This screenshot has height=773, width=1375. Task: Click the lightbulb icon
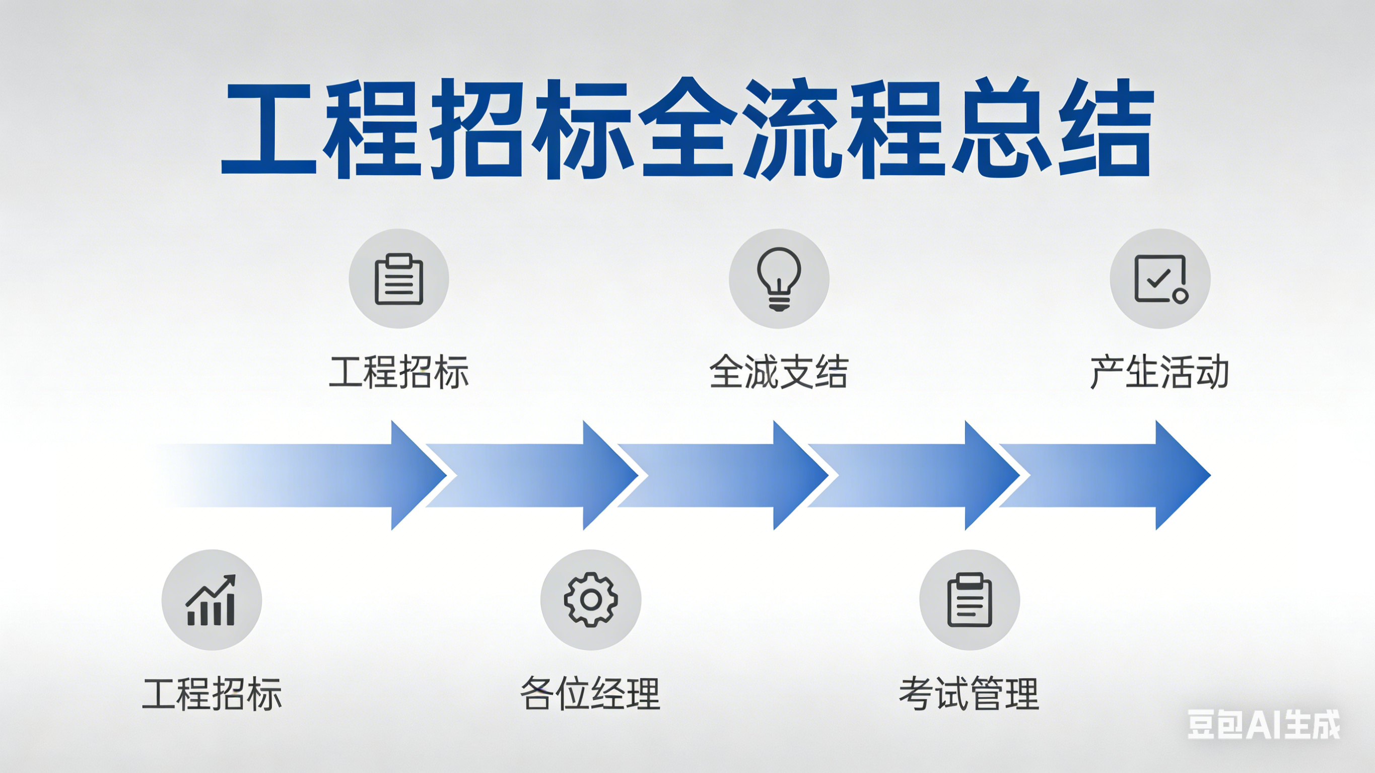(x=779, y=278)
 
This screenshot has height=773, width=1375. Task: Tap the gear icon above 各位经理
(x=591, y=599)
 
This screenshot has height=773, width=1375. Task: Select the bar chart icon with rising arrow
(x=212, y=599)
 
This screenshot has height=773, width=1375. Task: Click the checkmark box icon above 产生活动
(x=1160, y=278)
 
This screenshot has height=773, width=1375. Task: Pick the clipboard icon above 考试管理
(x=970, y=599)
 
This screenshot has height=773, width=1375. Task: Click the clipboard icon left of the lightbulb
(x=399, y=278)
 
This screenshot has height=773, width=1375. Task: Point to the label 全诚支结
(x=779, y=372)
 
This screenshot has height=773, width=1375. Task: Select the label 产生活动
(x=1160, y=372)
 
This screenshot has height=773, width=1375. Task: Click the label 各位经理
(x=591, y=693)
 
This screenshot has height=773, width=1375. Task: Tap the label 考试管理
(x=970, y=693)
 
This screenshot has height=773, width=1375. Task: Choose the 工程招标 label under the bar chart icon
(x=212, y=693)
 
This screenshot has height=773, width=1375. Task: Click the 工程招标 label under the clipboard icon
(x=399, y=372)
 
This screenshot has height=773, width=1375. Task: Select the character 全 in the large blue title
(x=687, y=128)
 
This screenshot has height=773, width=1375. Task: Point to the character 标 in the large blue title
(x=583, y=128)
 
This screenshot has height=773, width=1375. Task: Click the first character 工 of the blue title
(x=268, y=128)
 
